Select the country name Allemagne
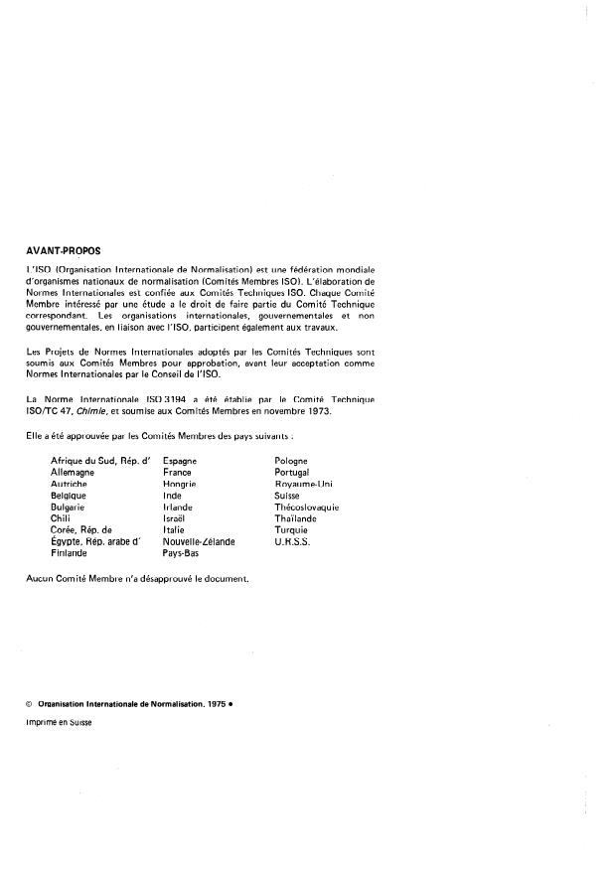pos(72,473)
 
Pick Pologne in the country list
pos(291,462)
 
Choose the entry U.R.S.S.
pos(292,541)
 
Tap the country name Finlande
pos(70,553)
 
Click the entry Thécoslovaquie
pos(306,507)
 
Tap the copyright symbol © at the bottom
pos(29,703)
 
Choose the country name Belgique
pos(70,496)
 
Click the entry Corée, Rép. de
pos(81,530)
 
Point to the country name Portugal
pos(292,473)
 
